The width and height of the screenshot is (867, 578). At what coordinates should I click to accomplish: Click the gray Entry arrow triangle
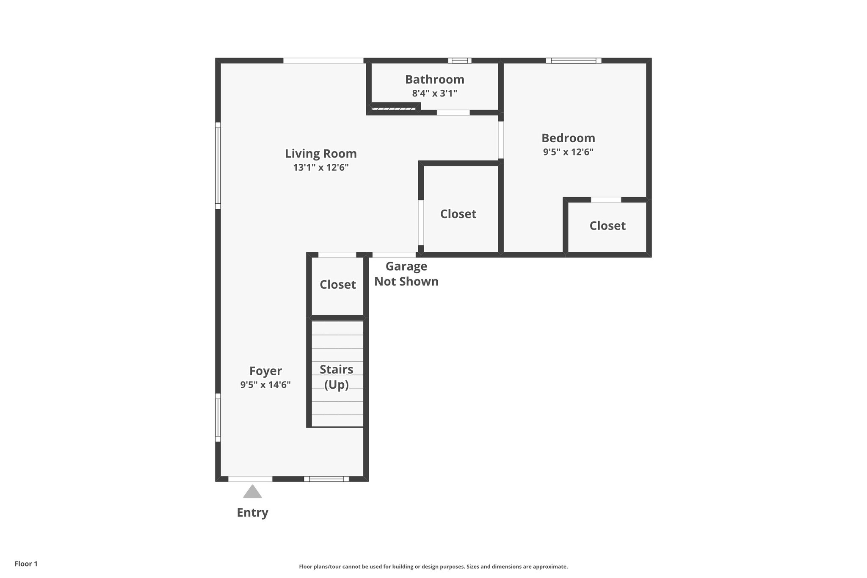252,492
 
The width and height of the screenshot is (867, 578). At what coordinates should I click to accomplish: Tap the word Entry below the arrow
252,513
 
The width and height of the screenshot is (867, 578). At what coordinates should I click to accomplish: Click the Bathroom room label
434,80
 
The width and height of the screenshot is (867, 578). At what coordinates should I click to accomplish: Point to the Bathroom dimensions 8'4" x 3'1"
434,94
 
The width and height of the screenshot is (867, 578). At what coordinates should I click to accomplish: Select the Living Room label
320,153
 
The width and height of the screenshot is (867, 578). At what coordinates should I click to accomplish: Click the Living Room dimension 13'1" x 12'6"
320,168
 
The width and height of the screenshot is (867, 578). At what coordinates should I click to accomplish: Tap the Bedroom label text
568,138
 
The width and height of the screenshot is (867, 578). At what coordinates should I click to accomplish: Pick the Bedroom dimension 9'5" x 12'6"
568,152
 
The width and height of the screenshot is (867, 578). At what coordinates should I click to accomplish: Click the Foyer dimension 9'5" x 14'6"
265,385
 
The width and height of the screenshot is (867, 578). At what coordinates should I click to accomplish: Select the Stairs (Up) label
337,377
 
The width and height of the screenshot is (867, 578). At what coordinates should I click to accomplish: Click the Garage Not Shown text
406,274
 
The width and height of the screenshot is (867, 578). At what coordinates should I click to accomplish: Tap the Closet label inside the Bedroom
607,226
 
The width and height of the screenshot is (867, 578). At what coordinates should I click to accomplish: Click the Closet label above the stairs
337,285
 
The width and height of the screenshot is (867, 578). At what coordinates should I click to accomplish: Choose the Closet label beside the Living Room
458,214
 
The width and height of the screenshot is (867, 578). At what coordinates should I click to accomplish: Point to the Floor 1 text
26,564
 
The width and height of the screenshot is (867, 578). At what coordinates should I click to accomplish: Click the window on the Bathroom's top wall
459,61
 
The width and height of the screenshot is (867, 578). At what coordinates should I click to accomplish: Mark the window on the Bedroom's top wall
573,61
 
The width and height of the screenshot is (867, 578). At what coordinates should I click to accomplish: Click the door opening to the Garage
394,255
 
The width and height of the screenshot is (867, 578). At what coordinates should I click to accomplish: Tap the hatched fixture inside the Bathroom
393,109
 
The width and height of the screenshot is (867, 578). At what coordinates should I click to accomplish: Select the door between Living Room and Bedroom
501,140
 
